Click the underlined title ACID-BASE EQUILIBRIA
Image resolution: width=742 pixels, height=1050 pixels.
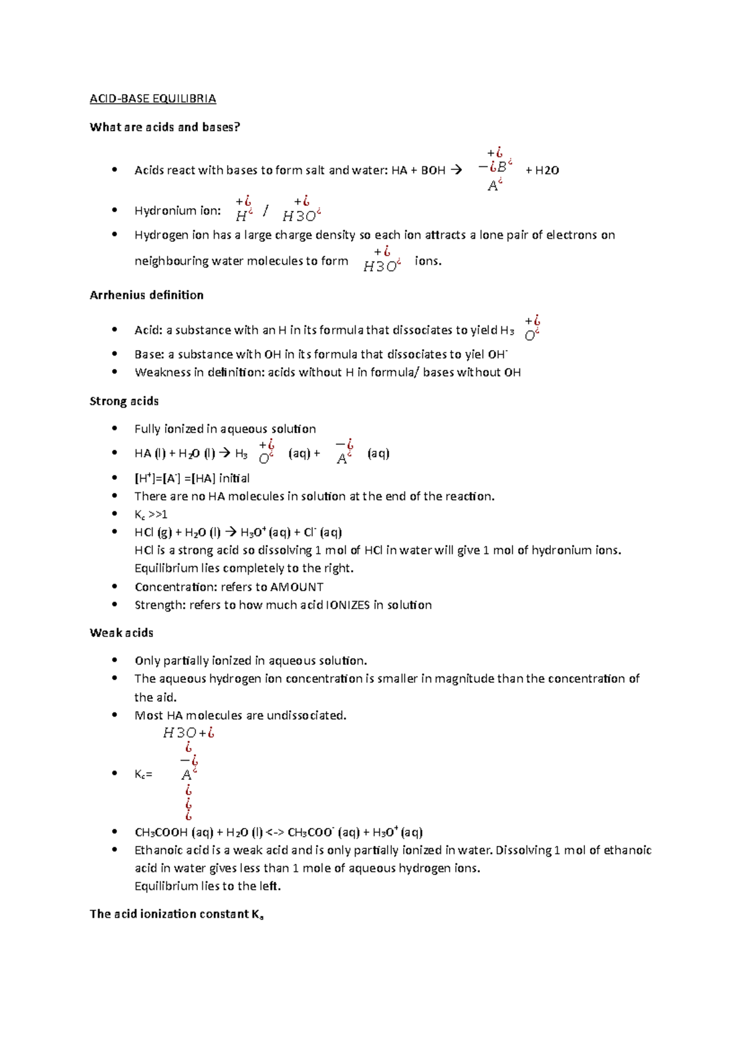(x=153, y=99)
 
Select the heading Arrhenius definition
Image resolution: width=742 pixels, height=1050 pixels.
(x=147, y=296)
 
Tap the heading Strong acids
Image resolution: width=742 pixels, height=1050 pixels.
(x=124, y=401)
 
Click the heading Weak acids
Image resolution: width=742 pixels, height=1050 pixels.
(x=121, y=633)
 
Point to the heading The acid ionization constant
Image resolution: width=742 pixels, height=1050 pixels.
(x=176, y=915)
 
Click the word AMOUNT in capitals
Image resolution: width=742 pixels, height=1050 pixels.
(x=297, y=587)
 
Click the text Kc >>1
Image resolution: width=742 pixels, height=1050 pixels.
(x=151, y=514)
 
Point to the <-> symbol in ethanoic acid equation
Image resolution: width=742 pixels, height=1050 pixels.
(x=275, y=833)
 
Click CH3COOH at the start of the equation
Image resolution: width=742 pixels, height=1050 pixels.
(x=161, y=833)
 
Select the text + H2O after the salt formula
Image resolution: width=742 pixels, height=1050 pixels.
(x=542, y=171)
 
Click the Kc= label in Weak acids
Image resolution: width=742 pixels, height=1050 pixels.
(x=143, y=774)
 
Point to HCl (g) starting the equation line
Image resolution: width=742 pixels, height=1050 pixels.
(x=153, y=532)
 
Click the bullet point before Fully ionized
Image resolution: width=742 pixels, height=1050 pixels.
(x=114, y=429)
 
